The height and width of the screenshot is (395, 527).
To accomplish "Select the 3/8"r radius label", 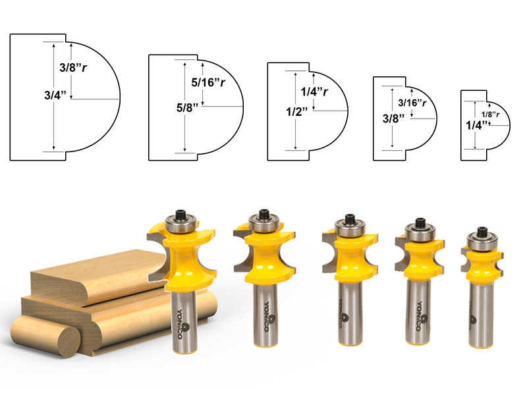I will tap(72, 68).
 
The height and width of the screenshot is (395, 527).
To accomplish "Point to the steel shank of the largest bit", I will tap(186, 323).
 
